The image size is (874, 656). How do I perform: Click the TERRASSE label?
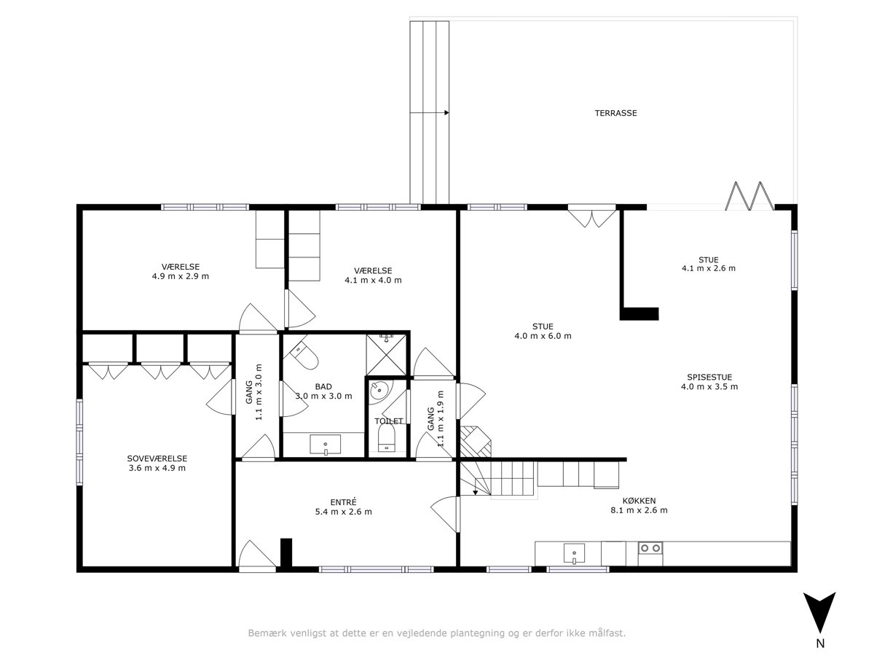click(x=615, y=113)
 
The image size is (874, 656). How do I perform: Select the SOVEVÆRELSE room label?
click(x=157, y=458)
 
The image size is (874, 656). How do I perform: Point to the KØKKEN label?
click(x=639, y=501)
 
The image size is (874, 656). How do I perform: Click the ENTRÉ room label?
click(x=343, y=502)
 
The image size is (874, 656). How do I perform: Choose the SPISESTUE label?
click(x=709, y=377)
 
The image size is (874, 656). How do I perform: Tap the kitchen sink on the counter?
click(x=574, y=554)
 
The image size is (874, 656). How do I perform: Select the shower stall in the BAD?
click(x=386, y=354)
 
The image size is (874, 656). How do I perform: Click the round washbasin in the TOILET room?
click(x=380, y=391)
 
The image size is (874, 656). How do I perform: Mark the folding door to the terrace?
click(x=749, y=196)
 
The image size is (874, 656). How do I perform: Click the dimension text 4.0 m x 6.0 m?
click(x=543, y=336)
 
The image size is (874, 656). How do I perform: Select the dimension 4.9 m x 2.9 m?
click(x=181, y=276)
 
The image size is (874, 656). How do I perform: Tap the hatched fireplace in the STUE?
click(x=476, y=441)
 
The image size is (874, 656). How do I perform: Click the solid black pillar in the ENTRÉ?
click(x=286, y=552)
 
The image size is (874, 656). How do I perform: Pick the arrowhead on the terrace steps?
click(x=446, y=113)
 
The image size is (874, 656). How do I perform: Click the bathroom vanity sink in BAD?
click(x=326, y=445)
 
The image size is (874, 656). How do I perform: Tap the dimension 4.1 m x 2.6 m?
click(x=709, y=268)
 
